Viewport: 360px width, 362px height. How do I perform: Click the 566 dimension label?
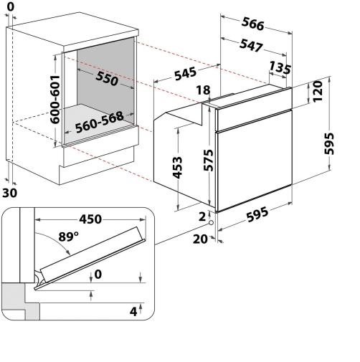click(x=253, y=24)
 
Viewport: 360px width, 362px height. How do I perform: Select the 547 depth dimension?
click(x=251, y=45)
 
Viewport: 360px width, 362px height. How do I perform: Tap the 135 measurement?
click(x=280, y=67)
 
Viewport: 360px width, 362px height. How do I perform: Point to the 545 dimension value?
click(x=186, y=74)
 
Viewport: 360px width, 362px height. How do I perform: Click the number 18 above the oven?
click(x=204, y=90)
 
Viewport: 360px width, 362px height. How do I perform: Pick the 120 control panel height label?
click(x=318, y=92)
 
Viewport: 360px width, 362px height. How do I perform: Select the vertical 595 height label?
click(x=329, y=143)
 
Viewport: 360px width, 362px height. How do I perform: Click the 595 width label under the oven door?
click(x=257, y=214)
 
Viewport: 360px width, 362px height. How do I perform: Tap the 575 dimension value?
click(x=209, y=160)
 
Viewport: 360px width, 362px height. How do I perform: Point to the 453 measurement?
click(x=177, y=168)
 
